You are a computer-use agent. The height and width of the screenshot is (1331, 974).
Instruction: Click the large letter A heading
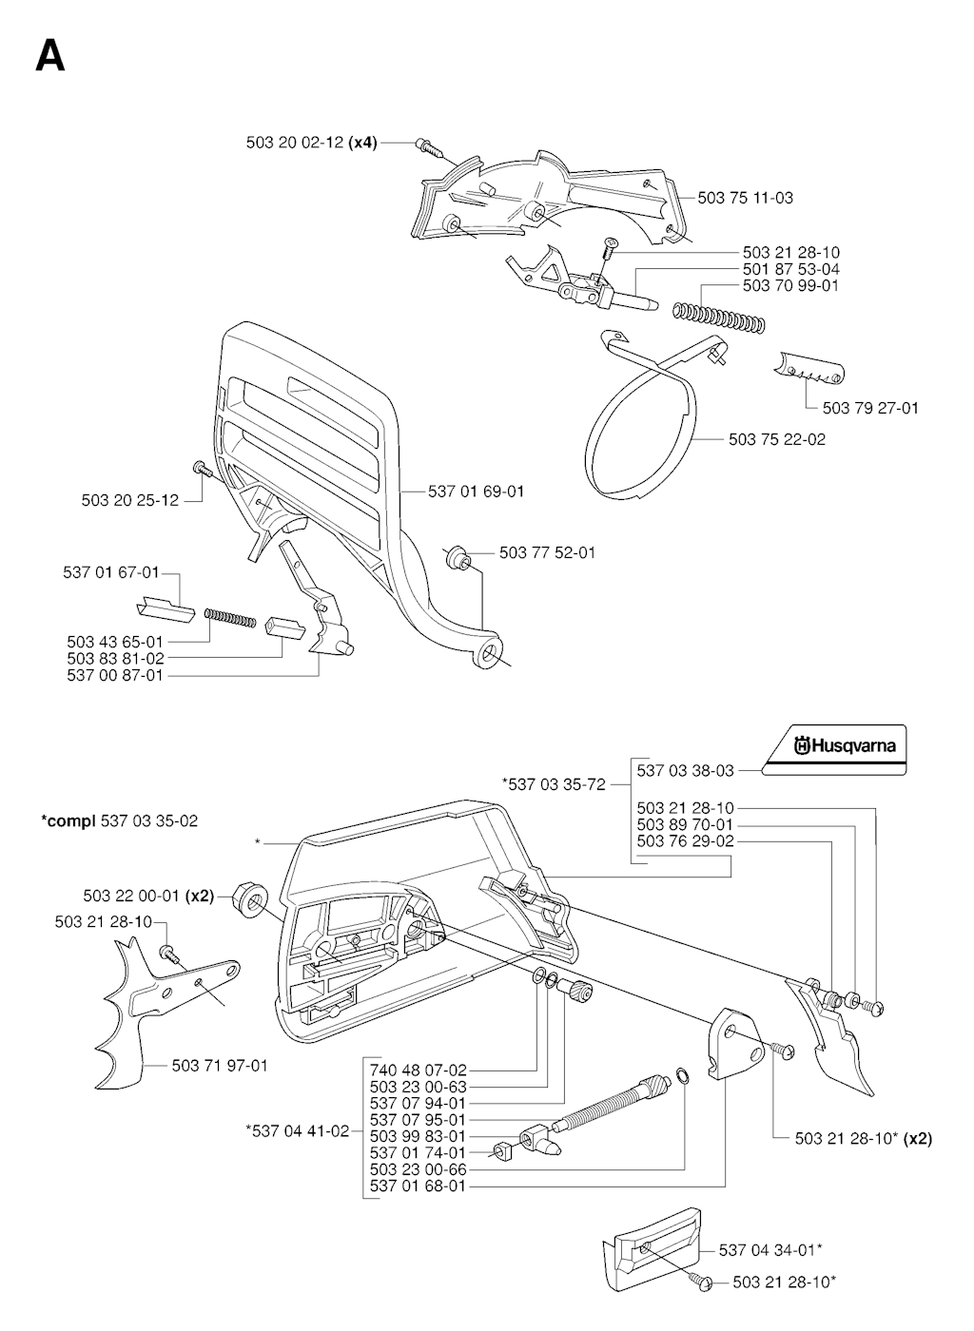coord(49,56)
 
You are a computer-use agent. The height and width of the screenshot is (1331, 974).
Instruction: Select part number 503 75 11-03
coord(745,198)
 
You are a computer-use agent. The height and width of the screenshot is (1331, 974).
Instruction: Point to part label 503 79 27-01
coord(870,408)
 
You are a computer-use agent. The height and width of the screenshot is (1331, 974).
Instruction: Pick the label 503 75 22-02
coord(777,439)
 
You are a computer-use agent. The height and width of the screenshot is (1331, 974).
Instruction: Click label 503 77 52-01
coord(547,552)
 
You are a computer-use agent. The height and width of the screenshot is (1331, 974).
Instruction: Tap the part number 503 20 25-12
coord(130,500)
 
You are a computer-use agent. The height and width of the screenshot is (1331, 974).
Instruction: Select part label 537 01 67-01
coord(111,572)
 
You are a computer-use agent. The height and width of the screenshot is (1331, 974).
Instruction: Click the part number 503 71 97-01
coord(220,1066)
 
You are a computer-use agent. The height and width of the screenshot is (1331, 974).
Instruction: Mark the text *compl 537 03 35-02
coord(120,820)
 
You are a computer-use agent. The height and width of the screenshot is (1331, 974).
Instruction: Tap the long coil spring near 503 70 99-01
coord(718,317)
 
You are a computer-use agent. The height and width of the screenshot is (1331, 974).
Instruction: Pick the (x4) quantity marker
coord(362,143)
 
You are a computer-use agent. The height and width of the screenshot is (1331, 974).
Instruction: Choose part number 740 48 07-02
coord(418,1070)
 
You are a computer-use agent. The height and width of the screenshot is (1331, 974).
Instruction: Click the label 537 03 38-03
coord(685,771)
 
